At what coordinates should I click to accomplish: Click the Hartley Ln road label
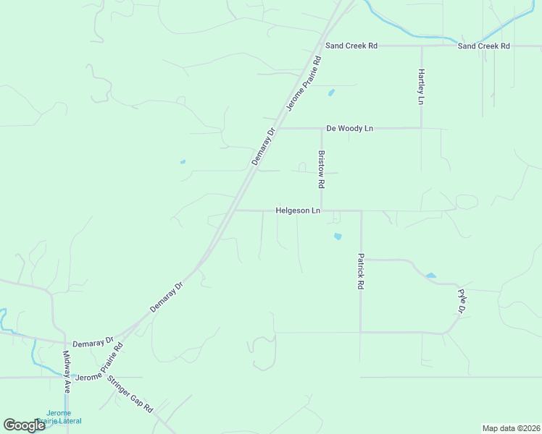click(420, 87)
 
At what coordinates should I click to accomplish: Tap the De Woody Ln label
click(349, 128)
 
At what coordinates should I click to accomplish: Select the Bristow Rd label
click(320, 169)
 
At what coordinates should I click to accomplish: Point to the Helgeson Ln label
click(298, 211)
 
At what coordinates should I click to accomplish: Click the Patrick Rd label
click(359, 271)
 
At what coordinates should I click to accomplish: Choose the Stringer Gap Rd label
click(130, 395)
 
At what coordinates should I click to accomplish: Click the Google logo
click(24, 425)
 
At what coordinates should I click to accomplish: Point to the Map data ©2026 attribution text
click(511, 428)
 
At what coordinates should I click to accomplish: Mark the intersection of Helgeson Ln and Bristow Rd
click(322, 211)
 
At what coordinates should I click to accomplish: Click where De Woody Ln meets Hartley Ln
click(422, 128)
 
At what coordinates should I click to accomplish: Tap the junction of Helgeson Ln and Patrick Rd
click(361, 211)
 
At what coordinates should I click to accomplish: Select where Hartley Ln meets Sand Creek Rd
click(422, 46)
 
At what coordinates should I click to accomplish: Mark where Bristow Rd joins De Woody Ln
click(322, 128)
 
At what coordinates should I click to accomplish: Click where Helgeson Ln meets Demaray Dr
click(235, 211)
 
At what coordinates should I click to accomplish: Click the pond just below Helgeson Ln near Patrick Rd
click(337, 236)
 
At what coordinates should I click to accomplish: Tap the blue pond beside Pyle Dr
click(431, 276)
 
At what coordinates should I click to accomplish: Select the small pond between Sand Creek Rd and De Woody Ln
click(332, 93)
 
